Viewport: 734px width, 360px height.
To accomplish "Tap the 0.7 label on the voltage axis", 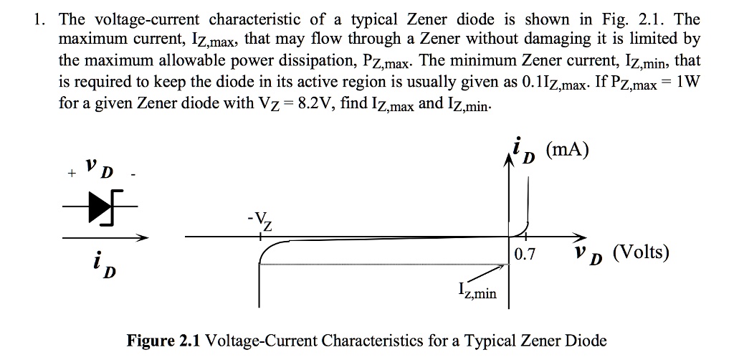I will point(525,253).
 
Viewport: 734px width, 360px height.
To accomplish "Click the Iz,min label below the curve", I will point(477,292).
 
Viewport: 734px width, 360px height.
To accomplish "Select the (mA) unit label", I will point(566,150).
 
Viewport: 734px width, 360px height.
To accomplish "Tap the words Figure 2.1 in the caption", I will point(164,340).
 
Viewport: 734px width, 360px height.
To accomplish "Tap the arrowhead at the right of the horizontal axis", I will point(578,237).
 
